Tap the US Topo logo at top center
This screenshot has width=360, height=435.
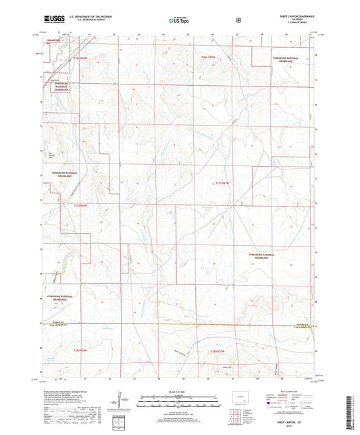click(178, 21)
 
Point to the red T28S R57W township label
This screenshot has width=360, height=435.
click(217, 351)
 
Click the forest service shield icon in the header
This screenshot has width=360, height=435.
click(238, 20)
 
